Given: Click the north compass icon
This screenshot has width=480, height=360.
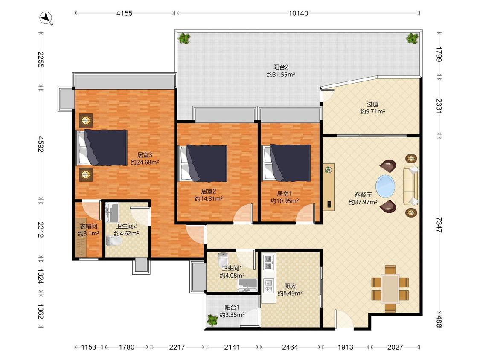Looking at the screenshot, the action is click(46, 17).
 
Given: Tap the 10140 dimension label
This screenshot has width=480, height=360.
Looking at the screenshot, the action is click(298, 13).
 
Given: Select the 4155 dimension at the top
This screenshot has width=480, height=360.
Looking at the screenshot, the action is click(124, 13).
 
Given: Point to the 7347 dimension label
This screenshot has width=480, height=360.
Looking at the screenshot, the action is click(439, 225).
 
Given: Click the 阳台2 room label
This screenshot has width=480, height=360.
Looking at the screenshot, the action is click(281, 67).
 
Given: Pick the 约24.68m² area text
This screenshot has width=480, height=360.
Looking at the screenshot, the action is click(145, 162).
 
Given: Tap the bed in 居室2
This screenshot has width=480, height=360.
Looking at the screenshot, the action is click(203, 163).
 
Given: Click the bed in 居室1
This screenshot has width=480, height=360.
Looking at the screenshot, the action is click(287, 163).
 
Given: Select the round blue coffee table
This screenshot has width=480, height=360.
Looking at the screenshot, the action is click(385, 186).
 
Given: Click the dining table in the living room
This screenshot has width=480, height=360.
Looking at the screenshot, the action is click(390, 289).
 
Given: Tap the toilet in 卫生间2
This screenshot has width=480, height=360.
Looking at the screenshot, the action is click(113, 241).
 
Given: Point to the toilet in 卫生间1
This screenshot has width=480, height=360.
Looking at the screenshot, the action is click(223, 259).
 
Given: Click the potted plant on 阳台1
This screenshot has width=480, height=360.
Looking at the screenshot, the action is click(212, 320).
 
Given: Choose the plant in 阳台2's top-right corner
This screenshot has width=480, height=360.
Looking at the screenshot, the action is click(412, 38).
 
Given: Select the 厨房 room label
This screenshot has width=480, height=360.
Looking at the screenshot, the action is click(290, 286).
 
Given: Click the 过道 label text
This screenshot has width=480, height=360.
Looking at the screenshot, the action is click(372, 104).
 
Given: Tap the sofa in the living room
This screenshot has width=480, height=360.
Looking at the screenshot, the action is click(410, 186).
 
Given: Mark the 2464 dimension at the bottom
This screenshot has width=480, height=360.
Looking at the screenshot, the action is click(290, 347).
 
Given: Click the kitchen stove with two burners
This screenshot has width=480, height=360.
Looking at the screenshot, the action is click(268, 262).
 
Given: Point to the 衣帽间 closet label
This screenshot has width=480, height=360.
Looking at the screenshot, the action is click(88, 226).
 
